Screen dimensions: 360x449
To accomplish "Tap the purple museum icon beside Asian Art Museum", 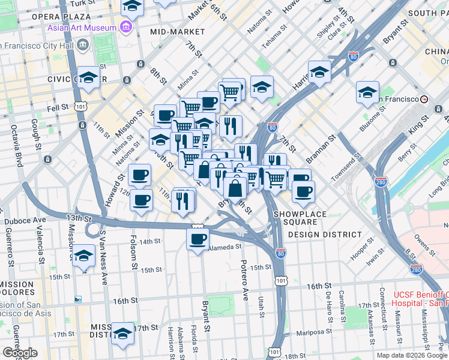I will coord(125,27).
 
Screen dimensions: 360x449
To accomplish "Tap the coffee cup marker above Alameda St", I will coord(197,240).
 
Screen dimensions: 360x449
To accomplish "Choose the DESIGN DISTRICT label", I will coord(326,235).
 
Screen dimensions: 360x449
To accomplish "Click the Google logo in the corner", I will coord(20,353).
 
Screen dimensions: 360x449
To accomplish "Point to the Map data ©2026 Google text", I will coord(412,355).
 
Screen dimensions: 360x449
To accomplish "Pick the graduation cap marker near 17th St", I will coord(123,334).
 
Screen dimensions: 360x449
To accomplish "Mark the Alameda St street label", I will coord(225,246).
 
